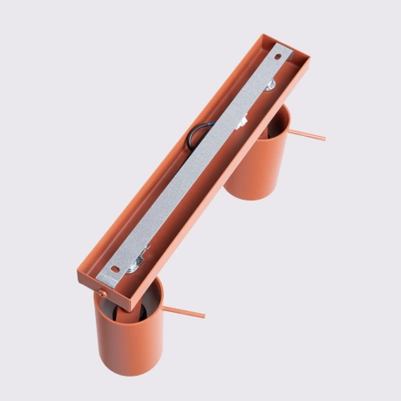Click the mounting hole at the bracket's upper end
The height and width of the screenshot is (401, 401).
pyautogui.click(x=279, y=58)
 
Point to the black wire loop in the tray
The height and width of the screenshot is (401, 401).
pyautogui.click(x=199, y=138)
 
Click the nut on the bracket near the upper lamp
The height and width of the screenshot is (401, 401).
pyautogui.click(x=273, y=84)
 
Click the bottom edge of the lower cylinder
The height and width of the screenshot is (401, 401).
pyautogui.click(x=131, y=372)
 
